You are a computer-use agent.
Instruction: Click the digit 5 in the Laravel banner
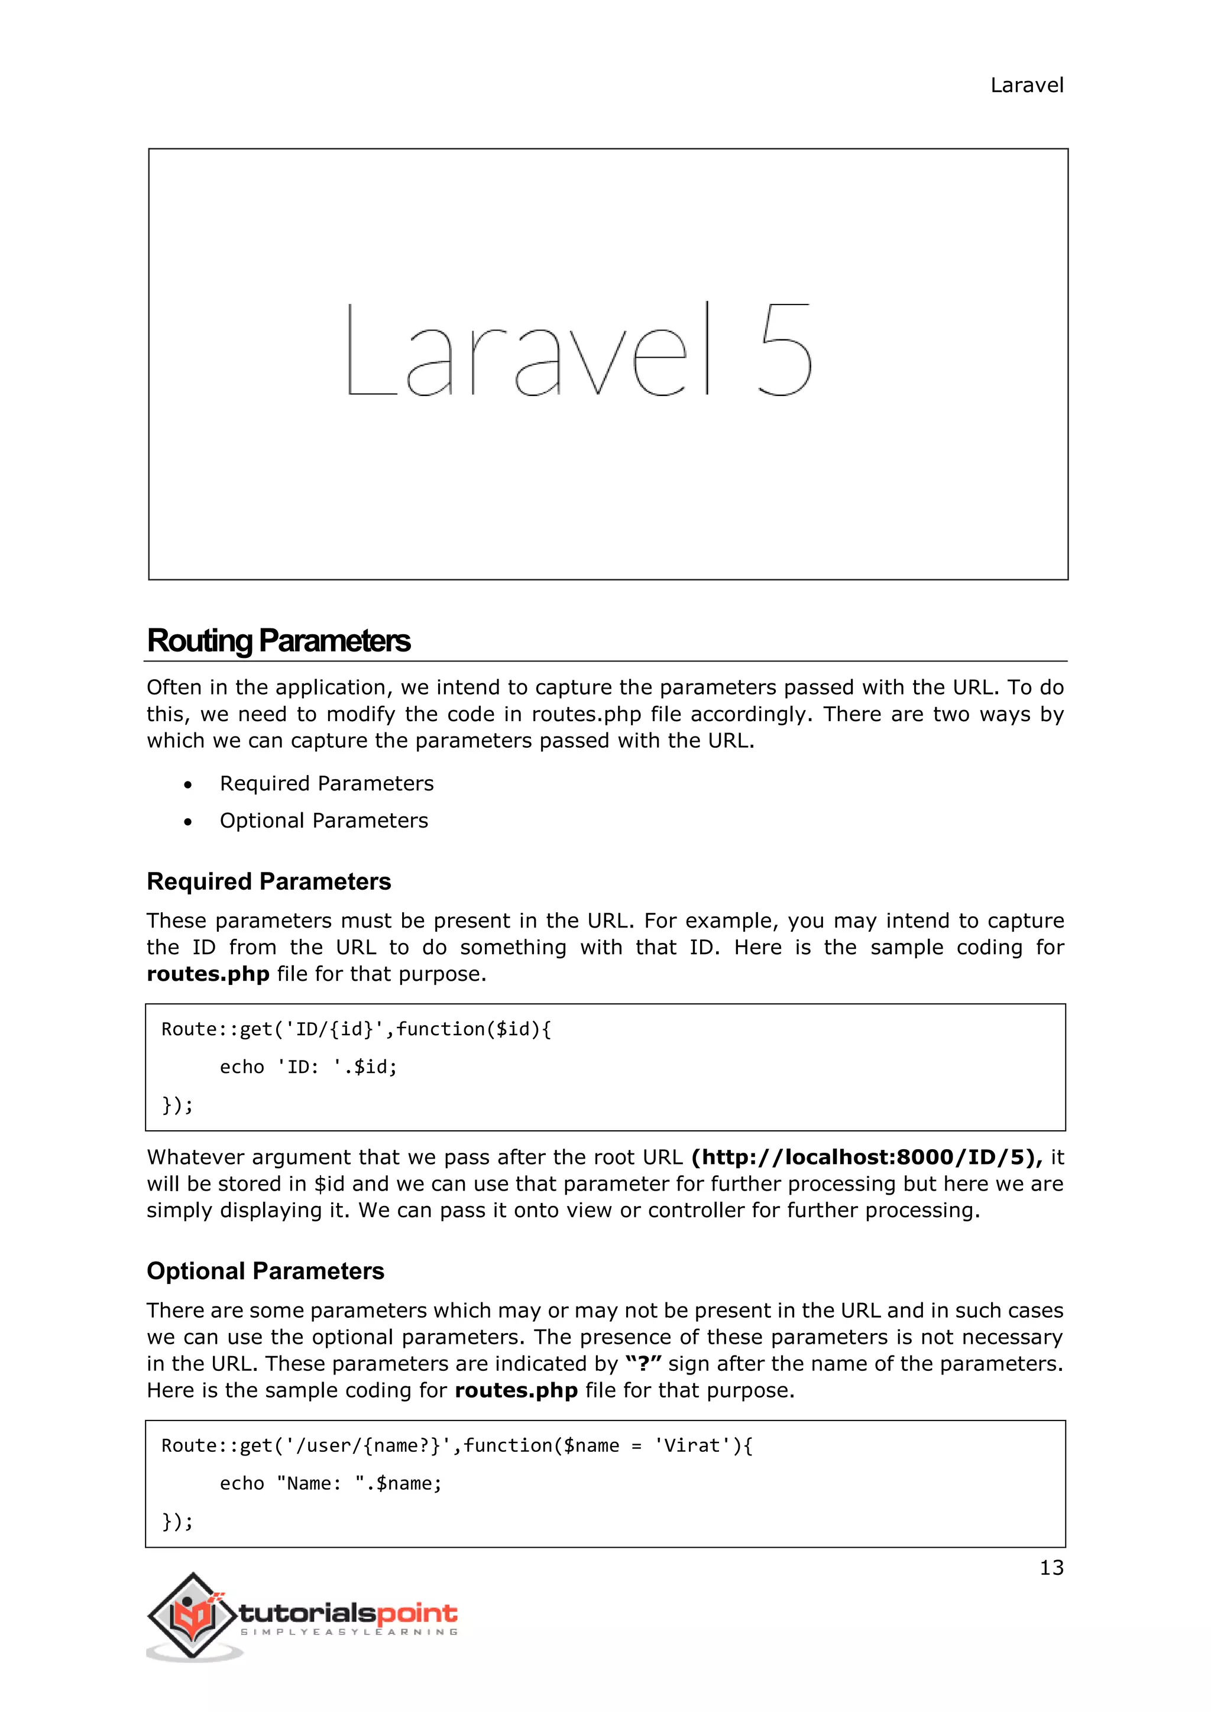785,349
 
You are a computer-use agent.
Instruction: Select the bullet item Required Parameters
326,784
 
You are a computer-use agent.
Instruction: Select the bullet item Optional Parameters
323,821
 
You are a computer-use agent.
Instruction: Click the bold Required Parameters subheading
268,881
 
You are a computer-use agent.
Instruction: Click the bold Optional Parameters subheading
265,1272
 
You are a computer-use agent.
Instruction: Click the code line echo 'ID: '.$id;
308,1067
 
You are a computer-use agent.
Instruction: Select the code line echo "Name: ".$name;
331,1484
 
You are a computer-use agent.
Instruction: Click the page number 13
1051,1568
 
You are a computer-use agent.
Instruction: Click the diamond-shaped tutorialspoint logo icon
193,1616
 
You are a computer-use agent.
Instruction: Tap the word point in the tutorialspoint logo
417,1614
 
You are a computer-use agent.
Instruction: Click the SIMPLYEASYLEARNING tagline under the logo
348,1632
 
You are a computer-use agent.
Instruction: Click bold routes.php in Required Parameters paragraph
208,975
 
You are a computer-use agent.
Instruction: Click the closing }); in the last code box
177,1521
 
